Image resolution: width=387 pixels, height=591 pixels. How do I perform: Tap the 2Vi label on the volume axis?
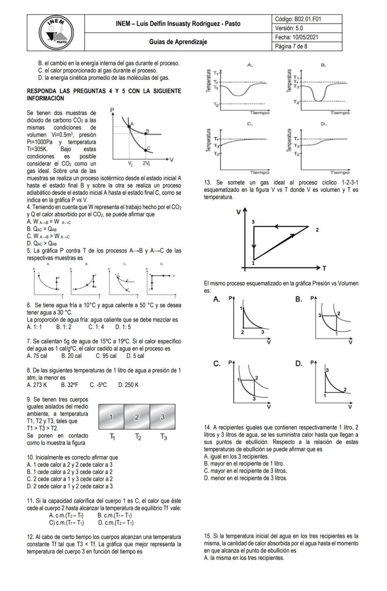(146, 164)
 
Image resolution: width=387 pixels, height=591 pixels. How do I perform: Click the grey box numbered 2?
(137, 417)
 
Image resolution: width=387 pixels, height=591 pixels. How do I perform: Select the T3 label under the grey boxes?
(163, 437)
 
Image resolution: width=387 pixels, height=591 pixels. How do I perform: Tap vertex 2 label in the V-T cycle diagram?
(317, 230)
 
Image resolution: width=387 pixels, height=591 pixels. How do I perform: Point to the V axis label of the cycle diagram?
(238, 212)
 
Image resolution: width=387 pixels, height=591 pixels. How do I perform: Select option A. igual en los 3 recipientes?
(236, 456)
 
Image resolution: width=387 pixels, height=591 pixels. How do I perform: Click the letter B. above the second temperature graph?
(323, 65)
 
